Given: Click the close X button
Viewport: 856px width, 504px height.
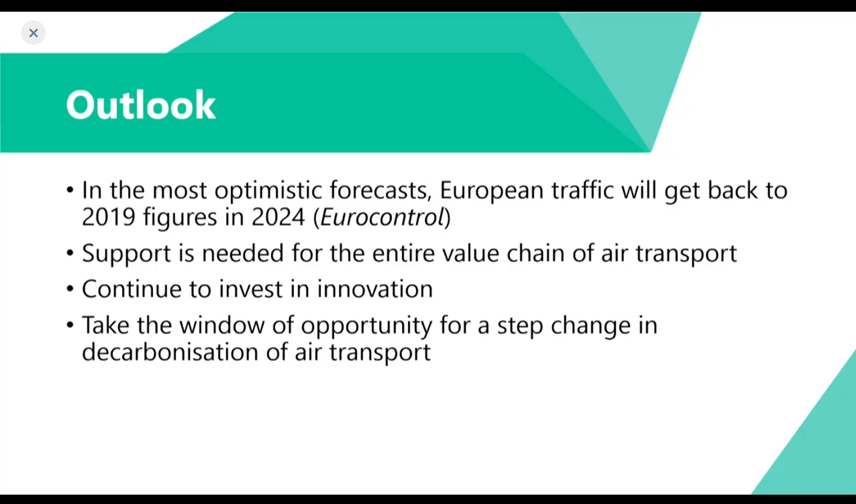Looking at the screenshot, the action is click(33, 33).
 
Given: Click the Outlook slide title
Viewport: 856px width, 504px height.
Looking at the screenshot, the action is click(141, 105).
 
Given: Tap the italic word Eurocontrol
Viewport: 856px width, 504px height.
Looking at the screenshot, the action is click(382, 217).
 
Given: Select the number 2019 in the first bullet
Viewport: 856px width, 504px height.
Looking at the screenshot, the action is click(109, 217).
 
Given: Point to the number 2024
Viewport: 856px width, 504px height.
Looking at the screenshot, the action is click(278, 217).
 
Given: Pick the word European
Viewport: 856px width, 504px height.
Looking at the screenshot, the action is click(492, 190).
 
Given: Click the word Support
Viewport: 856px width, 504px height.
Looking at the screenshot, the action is click(126, 253).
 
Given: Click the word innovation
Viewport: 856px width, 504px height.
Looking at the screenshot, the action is click(375, 289).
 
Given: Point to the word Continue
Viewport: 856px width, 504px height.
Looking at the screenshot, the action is click(132, 289).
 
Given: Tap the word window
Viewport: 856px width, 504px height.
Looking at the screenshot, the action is click(222, 325).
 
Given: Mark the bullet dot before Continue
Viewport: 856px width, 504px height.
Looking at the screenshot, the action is click(70, 289).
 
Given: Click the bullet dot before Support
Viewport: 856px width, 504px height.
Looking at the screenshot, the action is click(70, 253).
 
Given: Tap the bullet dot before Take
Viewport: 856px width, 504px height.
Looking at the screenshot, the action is click(70, 325).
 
